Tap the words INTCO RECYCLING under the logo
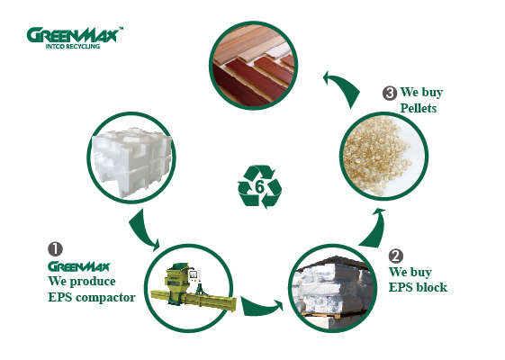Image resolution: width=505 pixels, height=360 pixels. (x=73, y=47)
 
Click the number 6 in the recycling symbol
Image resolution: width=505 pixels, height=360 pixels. (x=259, y=187)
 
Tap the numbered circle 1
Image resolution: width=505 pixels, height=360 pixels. (x=56, y=249)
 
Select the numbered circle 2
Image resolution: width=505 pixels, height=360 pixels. (x=396, y=256)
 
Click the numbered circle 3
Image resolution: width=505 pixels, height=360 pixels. (x=390, y=93)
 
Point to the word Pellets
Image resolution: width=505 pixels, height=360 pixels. (x=419, y=108)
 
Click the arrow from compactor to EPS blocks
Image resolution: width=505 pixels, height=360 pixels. (x=261, y=308)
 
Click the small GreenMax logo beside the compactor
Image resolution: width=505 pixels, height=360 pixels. (x=79, y=266)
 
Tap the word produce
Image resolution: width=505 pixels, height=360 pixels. (x=93, y=282)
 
